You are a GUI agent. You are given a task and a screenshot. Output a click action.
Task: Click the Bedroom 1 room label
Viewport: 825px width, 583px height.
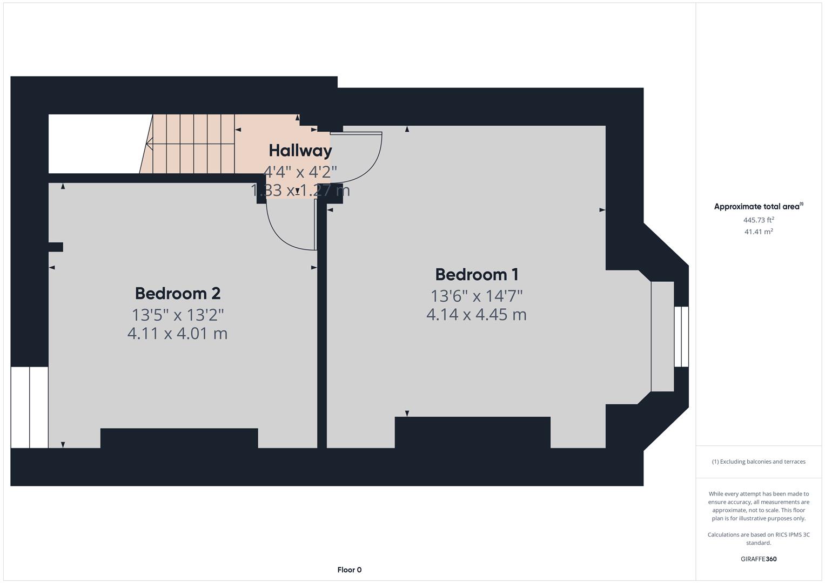pyautogui.click(x=477, y=274)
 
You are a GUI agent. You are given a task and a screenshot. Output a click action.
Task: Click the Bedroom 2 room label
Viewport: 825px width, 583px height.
pyautogui.click(x=178, y=293)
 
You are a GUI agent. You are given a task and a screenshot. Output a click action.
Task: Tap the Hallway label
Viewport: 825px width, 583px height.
pyautogui.click(x=300, y=150)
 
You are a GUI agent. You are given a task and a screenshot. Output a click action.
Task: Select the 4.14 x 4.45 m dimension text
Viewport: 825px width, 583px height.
pyautogui.click(x=476, y=314)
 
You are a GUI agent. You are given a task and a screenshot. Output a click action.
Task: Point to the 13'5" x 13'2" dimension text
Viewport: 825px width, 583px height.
pyautogui.click(x=178, y=314)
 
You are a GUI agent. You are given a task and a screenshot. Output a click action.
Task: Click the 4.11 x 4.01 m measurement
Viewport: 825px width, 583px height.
pyautogui.click(x=177, y=333)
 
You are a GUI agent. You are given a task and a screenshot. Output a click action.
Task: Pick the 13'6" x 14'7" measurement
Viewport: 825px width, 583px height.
pyautogui.click(x=477, y=296)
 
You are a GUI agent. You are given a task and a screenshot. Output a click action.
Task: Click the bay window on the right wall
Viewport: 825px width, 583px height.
pyautogui.click(x=681, y=337)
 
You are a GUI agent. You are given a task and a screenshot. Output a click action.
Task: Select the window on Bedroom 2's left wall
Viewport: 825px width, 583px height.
pyautogui.click(x=29, y=407)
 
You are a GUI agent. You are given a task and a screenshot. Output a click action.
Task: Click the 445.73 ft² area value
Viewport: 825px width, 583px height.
pyautogui.click(x=759, y=220)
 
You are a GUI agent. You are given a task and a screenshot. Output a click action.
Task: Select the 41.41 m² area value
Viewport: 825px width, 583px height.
pyautogui.click(x=759, y=232)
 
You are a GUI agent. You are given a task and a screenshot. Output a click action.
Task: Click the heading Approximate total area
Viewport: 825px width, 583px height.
pyautogui.click(x=757, y=206)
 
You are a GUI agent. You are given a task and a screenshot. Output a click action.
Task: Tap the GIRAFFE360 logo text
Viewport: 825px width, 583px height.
pyautogui.click(x=759, y=559)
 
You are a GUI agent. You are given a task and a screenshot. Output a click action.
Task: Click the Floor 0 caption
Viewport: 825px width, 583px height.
pyautogui.click(x=349, y=570)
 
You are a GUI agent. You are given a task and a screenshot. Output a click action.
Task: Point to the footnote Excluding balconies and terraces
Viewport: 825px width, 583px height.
pyautogui.click(x=759, y=462)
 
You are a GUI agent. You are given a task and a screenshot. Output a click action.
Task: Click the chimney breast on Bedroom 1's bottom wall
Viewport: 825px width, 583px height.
pyautogui.click(x=472, y=432)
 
